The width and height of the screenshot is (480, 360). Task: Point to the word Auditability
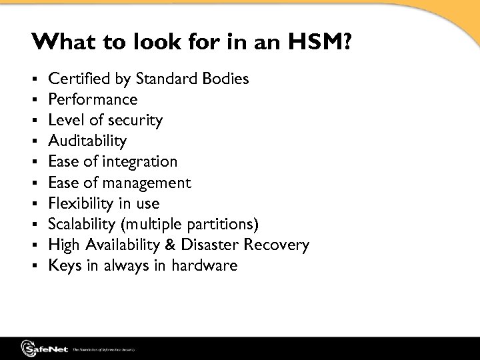pyautogui.click(x=87, y=141)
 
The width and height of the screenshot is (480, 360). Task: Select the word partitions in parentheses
pyautogui.click(x=225, y=224)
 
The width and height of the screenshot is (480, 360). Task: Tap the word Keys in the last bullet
pyautogui.click(x=63, y=265)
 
